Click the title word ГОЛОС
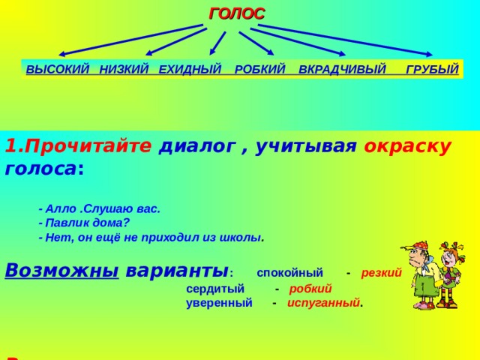pos(236,13)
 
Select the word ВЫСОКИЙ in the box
pos(57,70)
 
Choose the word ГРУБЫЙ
pos(431,70)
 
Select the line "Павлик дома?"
pos(84,223)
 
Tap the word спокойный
pos(289,272)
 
